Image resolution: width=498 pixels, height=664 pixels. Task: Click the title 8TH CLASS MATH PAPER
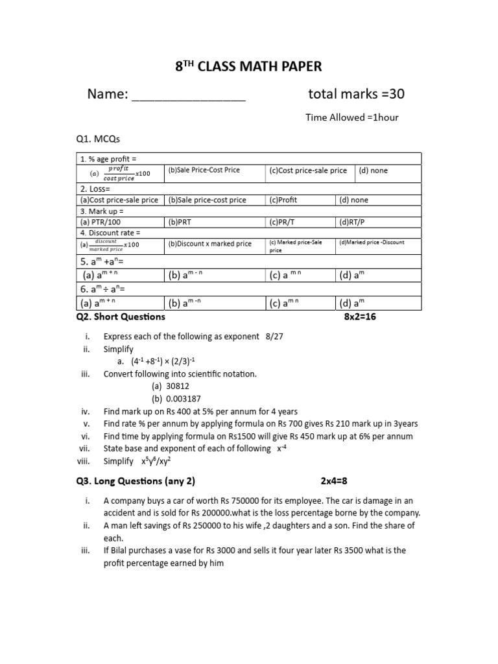point(249,66)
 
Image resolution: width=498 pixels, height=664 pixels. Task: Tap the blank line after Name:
point(189,96)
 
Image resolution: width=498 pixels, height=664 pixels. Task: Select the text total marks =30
point(356,95)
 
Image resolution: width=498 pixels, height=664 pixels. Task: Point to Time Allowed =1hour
point(351,117)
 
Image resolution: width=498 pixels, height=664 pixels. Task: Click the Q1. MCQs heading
point(98,139)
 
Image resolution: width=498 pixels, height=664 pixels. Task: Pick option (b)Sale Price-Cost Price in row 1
point(204,171)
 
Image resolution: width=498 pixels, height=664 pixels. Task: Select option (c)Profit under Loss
point(283,200)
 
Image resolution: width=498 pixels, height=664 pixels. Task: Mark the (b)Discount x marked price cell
point(209,244)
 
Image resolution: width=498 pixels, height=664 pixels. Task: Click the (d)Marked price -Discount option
point(372,243)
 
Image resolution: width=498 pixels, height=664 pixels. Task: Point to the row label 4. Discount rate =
point(110,233)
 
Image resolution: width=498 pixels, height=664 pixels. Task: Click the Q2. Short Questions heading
point(121,317)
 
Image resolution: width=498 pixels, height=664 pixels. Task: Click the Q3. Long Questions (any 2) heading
point(136,481)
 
